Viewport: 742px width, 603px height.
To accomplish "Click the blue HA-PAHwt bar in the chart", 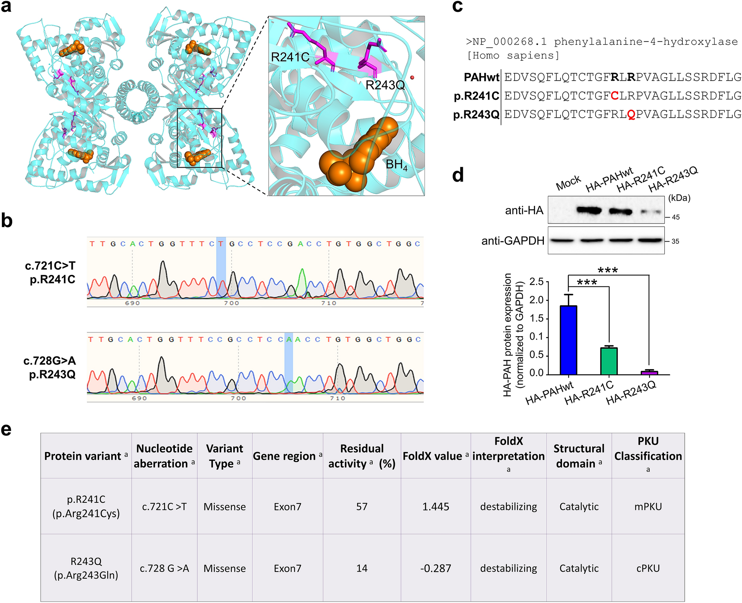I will (x=568, y=340).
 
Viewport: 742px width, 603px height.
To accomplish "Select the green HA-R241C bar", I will (x=609, y=361).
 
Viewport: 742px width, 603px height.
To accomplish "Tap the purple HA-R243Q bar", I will (x=649, y=373).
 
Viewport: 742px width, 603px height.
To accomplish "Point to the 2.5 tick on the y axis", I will (x=536, y=282).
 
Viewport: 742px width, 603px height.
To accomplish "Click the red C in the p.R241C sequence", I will (x=614, y=96).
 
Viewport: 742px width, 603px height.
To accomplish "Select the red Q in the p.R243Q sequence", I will (x=631, y=115).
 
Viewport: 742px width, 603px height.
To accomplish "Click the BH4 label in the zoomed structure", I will (x=396, y=165).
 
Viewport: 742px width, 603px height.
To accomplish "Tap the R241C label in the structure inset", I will (x=290, y=57).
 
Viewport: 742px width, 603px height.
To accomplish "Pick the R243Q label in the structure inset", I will (x=385, y=85).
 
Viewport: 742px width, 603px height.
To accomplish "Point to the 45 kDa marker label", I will (x=675, y=217).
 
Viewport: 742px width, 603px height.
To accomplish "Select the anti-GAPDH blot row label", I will (x=513, y=241).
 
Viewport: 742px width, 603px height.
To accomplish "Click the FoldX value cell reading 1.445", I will (x=436, y=506).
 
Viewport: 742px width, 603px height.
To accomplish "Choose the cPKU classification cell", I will (x=648, y=568).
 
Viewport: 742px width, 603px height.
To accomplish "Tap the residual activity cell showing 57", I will (x=362, y=506).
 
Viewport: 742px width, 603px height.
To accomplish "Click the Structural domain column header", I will (x=579, y=456).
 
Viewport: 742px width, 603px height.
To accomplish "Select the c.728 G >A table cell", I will (x=164, y=568).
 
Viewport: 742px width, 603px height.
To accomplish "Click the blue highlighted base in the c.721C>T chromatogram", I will (x=221, y=244).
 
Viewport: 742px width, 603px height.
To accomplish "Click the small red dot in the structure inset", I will (x=412, y=78).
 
